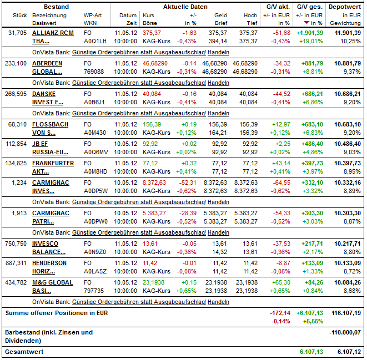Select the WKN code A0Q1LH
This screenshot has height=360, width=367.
click(95, 41)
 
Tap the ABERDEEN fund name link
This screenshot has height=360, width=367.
click(47, 63)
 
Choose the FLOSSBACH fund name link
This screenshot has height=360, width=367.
click(49, 124)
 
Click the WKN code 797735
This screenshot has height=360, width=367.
click(93, 291)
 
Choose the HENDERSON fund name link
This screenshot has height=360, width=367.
click(49, 263)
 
